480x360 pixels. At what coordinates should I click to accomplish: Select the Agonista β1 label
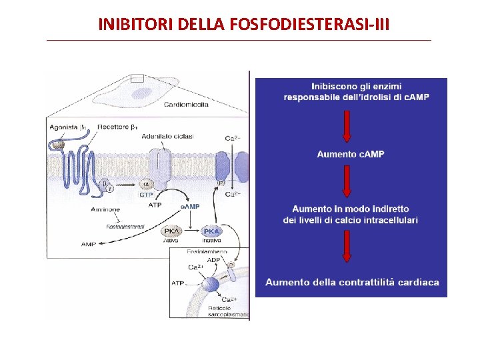click(x=67, y=127)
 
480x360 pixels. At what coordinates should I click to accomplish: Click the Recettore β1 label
click(x=117, y=127)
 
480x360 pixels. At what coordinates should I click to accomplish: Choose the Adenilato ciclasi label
click(x=167, y=136)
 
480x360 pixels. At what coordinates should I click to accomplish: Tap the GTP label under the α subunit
click(x=146, y=195)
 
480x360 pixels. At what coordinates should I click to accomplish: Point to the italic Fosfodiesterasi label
click(x=126, y=227)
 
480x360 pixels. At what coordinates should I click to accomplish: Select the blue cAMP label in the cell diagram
click(x=191, y=206)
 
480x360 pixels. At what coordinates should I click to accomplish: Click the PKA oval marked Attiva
click(x=171, y=231)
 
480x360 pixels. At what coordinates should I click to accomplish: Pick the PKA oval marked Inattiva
click(x=211, y=231)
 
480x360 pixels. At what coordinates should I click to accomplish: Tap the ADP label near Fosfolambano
click(x=213, y=259)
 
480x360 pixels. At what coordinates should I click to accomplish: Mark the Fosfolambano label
click(x=207, y=251)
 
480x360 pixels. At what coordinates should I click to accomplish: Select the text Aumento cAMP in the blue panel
click(x=351, y=154)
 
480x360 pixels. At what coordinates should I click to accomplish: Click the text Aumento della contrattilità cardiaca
click(x=352, y=282)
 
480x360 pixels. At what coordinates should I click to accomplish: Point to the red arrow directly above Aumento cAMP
click(x=347, y=126)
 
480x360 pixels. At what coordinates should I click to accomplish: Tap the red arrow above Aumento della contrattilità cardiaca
click(x=347, y=246)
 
